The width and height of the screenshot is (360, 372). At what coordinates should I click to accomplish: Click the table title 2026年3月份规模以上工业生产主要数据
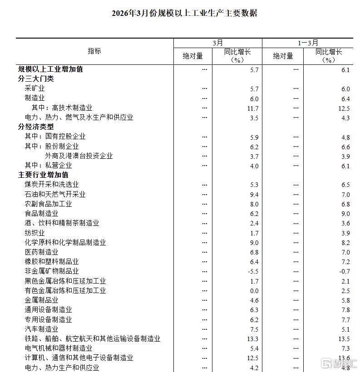click(184, 13)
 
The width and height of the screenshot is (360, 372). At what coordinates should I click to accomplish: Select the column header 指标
click(94, 51)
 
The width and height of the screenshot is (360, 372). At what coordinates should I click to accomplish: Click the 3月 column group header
click(218, 43)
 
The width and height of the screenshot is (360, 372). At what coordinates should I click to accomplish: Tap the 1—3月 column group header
click(307, 43)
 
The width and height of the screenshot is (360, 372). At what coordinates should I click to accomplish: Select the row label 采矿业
click(35, 88)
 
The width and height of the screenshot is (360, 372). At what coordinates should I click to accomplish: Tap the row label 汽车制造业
click(41, 329)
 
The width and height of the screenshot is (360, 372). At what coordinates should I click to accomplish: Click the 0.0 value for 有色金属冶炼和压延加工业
click(254, 291)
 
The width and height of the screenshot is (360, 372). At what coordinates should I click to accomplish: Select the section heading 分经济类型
click(36, 127)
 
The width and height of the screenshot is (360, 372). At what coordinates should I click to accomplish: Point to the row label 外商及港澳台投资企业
click(79, 156)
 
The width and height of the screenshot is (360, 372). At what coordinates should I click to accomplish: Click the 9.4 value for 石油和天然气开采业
click(254, 194)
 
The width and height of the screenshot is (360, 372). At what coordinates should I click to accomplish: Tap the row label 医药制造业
click(41, 252)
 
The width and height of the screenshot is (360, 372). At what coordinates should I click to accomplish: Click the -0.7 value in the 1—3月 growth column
click(345, 271)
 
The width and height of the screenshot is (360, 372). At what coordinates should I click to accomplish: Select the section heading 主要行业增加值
click(43, 175)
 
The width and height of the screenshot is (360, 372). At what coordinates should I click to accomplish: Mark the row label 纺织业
click(35, 233)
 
